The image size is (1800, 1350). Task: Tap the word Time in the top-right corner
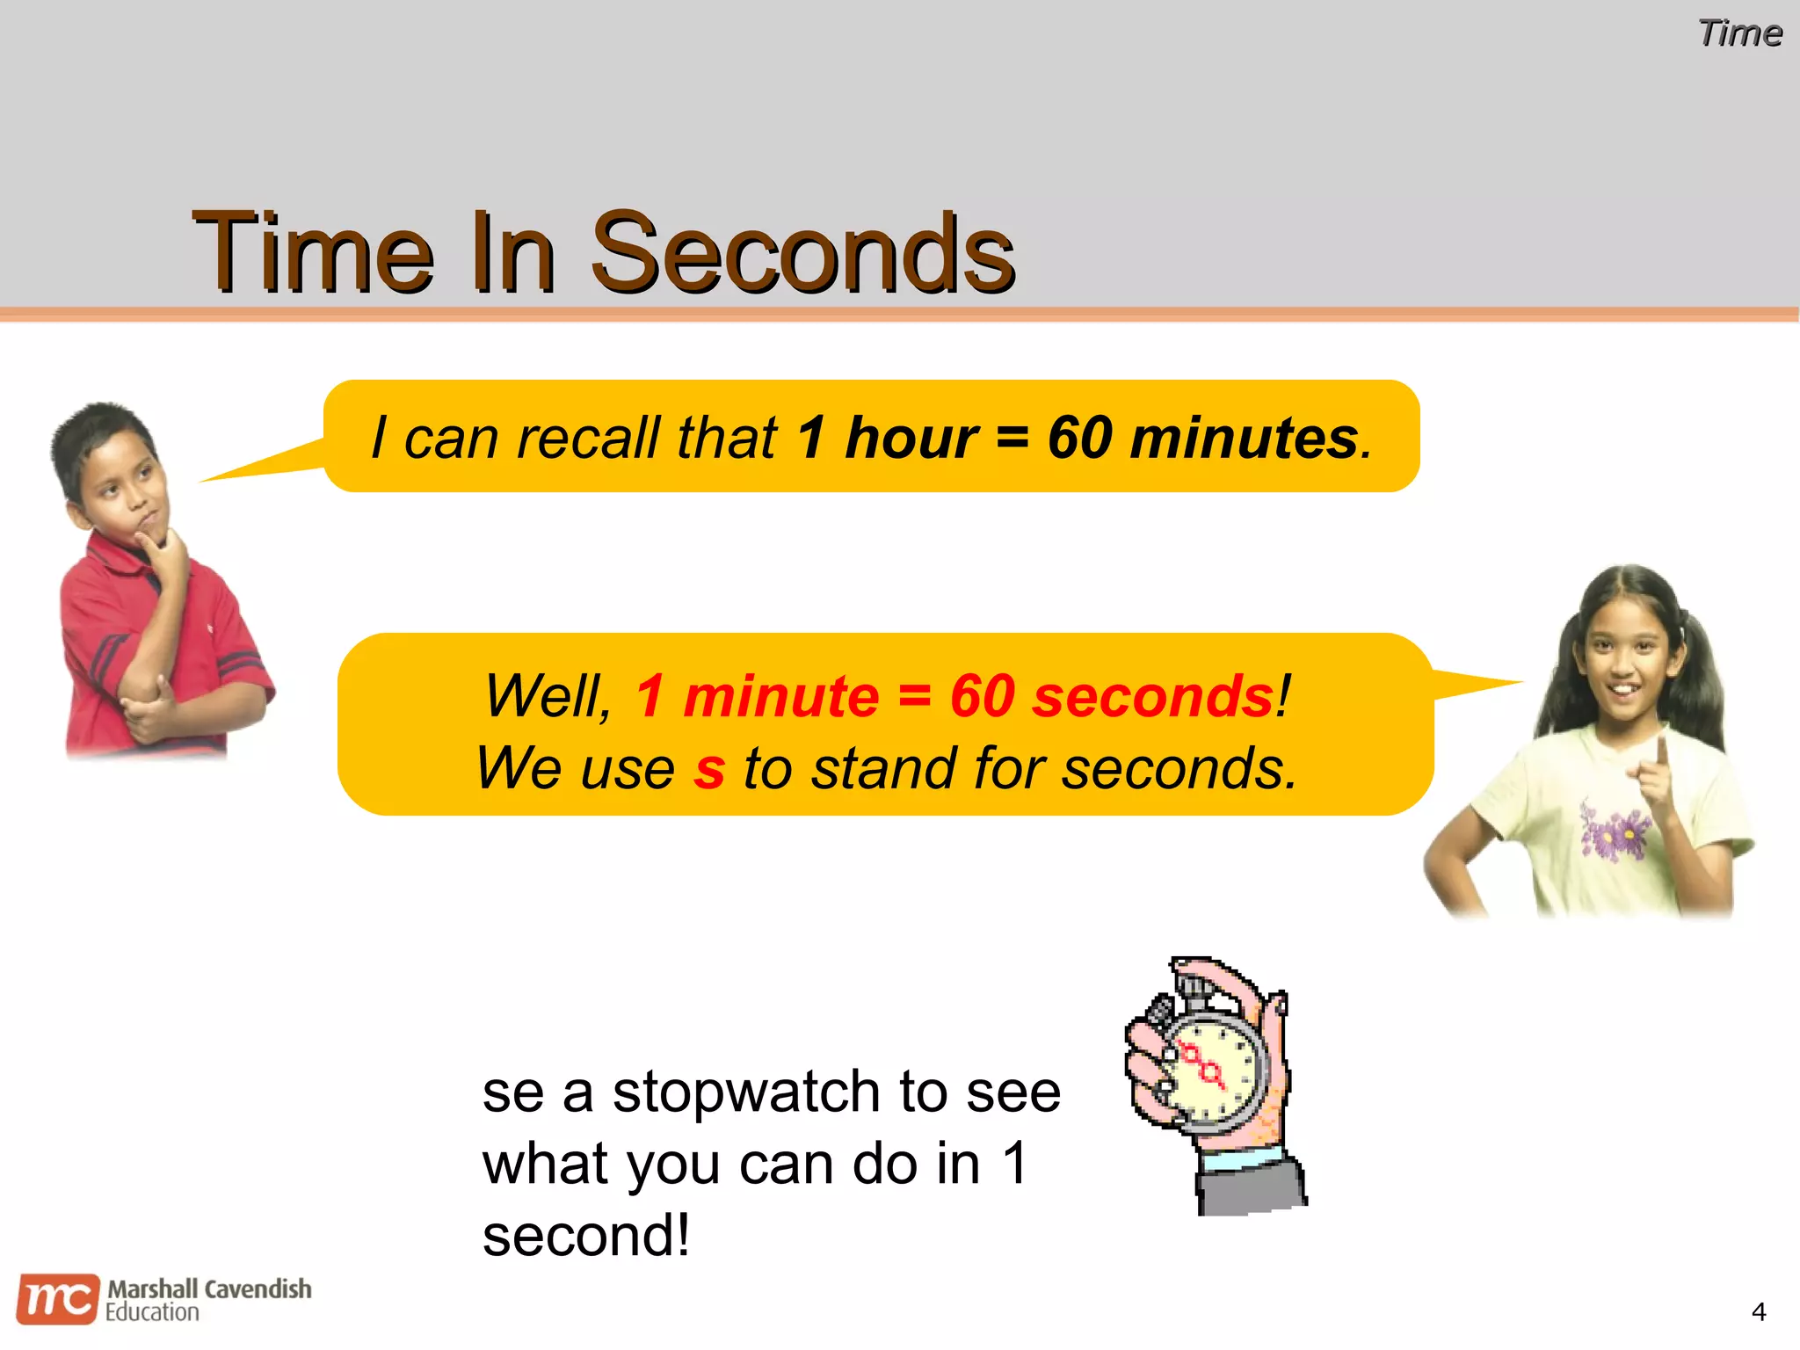1739,33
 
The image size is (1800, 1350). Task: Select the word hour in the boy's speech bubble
911,438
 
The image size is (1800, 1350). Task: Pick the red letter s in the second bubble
709,768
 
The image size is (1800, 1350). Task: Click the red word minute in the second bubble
780,696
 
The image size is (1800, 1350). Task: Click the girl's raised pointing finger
1660,756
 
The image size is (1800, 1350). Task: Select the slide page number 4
1758,1312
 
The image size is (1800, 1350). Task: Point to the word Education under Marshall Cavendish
153,1313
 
